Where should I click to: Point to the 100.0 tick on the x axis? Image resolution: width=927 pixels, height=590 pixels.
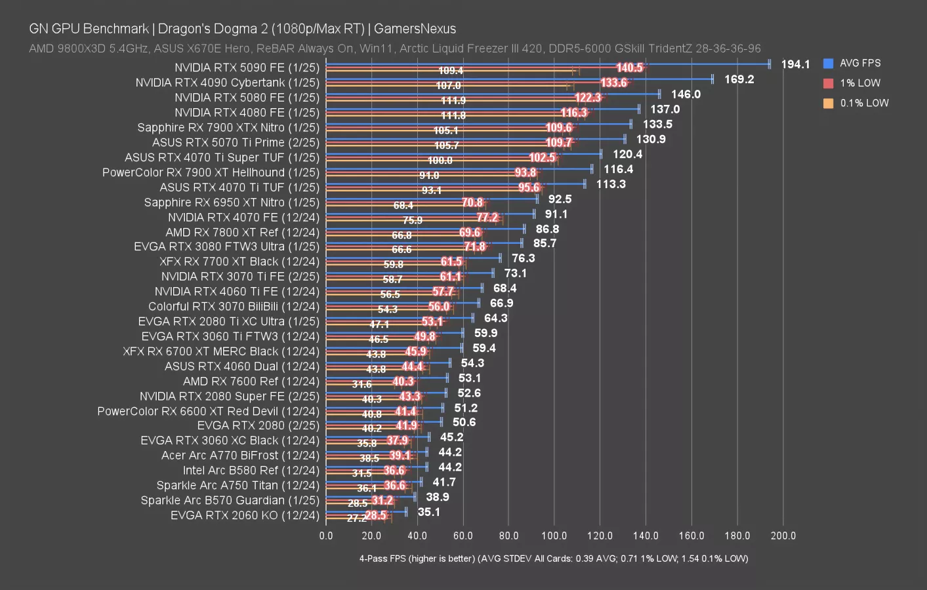(x=554, y=536)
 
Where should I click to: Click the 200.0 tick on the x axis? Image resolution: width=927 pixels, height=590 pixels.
(x=783, y=536)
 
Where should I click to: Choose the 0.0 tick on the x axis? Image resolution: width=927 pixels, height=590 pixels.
(x=326, y=536)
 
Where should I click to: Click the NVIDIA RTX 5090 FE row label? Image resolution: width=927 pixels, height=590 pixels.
(x=247, y=68)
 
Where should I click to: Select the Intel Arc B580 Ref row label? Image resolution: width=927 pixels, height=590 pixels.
(x=251, y=470)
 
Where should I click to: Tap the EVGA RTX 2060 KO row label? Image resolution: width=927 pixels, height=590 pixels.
(x=245, y=515)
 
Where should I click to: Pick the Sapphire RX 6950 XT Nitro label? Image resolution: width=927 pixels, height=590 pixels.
(x=232, y=203)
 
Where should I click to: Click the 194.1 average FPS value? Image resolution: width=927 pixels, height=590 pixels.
(x=795, y=64)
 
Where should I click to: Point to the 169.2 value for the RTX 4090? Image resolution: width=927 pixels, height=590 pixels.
(x=739, y=79)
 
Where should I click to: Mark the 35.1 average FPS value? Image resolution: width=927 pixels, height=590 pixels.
(x=429, y=512)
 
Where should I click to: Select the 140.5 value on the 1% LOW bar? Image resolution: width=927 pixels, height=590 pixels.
(x=629, y=68)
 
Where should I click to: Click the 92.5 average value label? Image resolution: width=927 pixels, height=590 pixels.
(x=560, y=199)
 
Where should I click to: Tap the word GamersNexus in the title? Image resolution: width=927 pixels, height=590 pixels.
(x=415, y=29)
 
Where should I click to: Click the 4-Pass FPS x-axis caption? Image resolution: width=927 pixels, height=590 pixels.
(x=553, y=559)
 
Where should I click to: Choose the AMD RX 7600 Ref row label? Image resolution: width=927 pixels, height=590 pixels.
(x=251, y=382)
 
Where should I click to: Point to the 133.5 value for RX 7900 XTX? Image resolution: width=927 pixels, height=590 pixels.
(x=657, y=124)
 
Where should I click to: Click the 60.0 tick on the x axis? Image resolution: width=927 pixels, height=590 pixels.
(x=463, y=536)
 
